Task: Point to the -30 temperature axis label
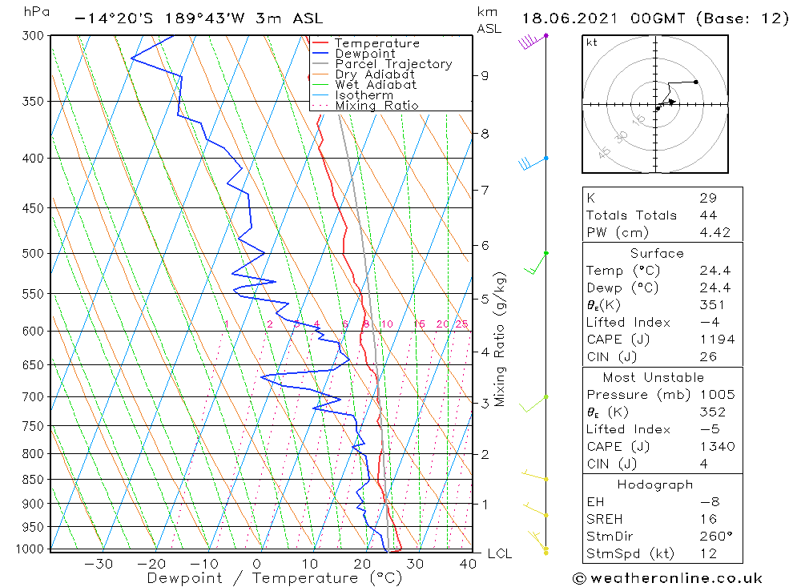[99, 564]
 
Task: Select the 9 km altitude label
[485, 75]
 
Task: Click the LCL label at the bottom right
[499, 553]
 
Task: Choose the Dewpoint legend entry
[364, 54]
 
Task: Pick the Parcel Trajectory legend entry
[393, 64]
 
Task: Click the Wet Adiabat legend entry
[376, 85]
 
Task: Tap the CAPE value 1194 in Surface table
[715, 340]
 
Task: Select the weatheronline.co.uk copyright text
[667, 578]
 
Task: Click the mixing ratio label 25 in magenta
[462, 324]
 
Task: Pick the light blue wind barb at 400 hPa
[532, 163]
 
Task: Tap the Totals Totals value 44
[708, 215]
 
